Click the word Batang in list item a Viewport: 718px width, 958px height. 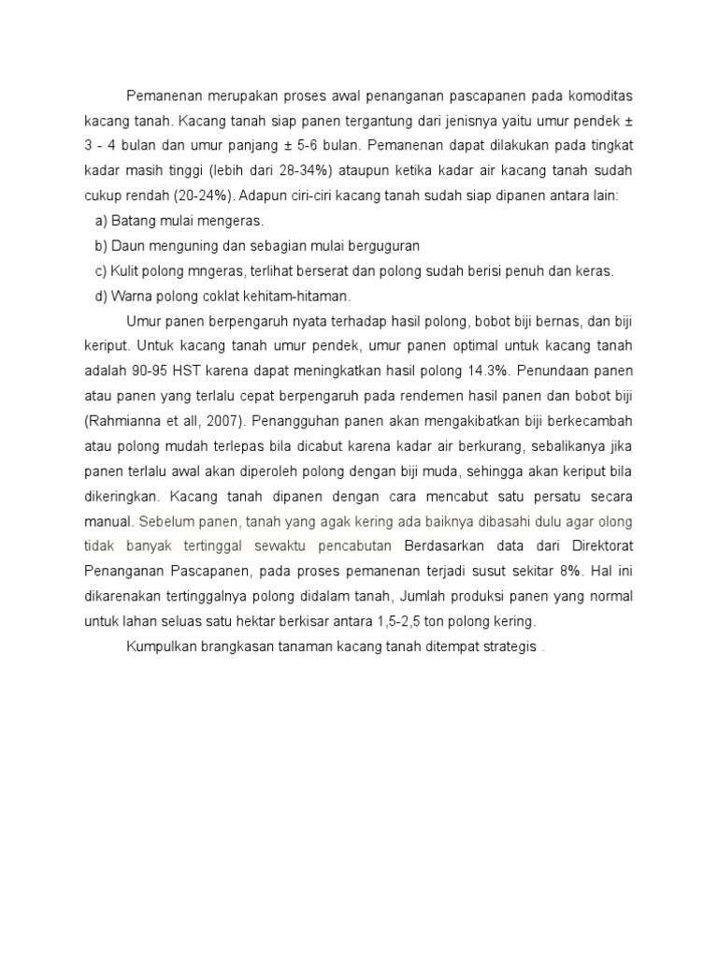134,221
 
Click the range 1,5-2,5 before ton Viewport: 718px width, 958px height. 418,619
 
